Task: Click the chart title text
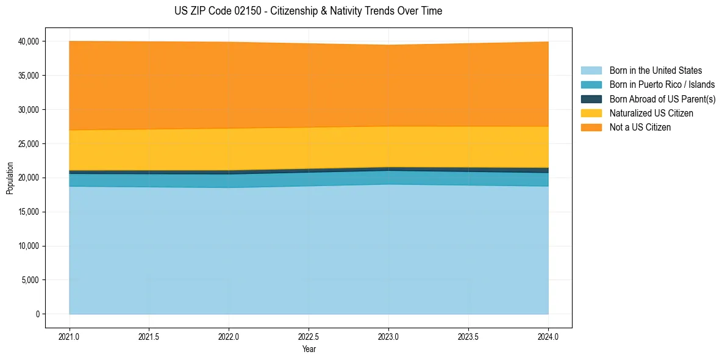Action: pos(308,11)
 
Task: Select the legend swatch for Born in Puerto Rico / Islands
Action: pos(591,85)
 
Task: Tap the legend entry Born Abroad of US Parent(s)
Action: pos(662,99)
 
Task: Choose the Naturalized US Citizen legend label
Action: pos(651,113)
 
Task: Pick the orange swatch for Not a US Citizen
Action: pos(591,128)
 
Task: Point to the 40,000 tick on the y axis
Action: pos(28,41)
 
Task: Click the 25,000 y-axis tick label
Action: pos(28,144)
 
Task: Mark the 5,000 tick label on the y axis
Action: pos(30,280)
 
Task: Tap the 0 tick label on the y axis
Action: pos(37,314)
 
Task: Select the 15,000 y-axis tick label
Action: pos(28,212)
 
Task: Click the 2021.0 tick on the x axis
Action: pos(70,336)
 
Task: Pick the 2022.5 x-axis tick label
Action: pos(309,336)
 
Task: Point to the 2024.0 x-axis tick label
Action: pos(548,336)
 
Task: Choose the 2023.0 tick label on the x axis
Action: pos(388,336)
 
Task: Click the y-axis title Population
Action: pos(10,178)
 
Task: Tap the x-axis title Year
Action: pos(309,349)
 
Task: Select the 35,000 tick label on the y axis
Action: pos(28,76)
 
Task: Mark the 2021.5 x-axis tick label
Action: pos(149,336)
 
